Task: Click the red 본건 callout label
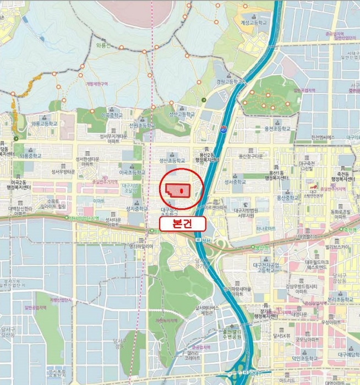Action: coord(182,223)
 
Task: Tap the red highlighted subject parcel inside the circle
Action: coord(178,190)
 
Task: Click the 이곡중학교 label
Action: coord(113,116)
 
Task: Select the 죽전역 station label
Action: coord(350,229)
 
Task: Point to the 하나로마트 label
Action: coord(264,228)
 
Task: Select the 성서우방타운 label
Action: coord(63,172)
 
